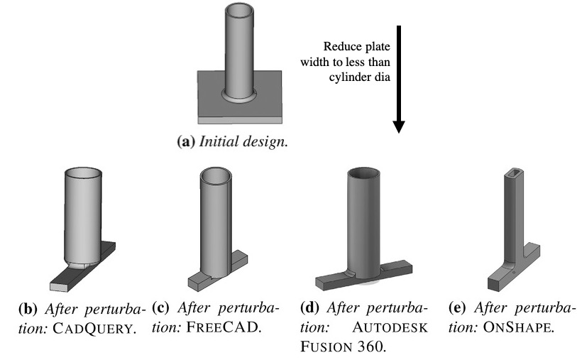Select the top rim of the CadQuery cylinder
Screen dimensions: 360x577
click(85, 173)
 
